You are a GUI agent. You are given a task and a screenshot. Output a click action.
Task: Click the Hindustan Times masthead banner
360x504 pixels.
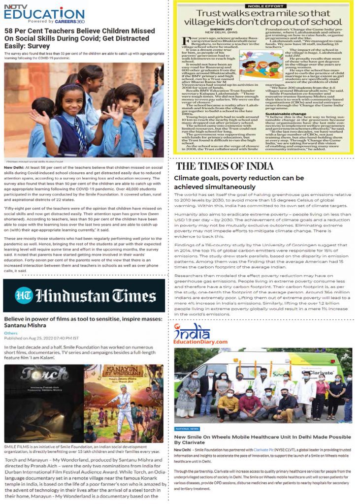point(84,295)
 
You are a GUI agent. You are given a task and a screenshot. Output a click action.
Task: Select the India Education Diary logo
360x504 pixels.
point(199,335)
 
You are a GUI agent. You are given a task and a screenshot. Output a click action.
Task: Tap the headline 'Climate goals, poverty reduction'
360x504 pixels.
point(239,182)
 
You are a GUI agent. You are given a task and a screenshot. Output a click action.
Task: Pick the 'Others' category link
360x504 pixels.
point(10,333)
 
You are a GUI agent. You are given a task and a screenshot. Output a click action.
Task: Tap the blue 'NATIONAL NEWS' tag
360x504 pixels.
point(188,429)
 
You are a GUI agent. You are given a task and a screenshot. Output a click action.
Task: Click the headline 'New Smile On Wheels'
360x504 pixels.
point(262,440)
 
